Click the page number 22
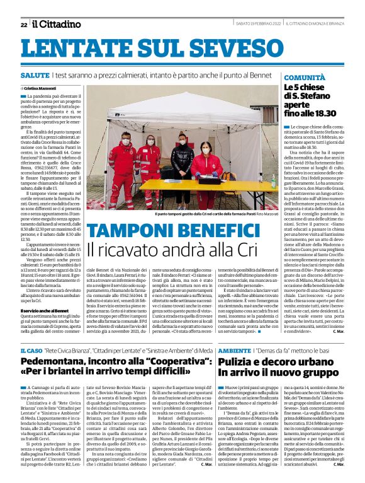click(23, 25)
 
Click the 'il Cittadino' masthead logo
click(57, 24)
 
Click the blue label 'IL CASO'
click(31, 350)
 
